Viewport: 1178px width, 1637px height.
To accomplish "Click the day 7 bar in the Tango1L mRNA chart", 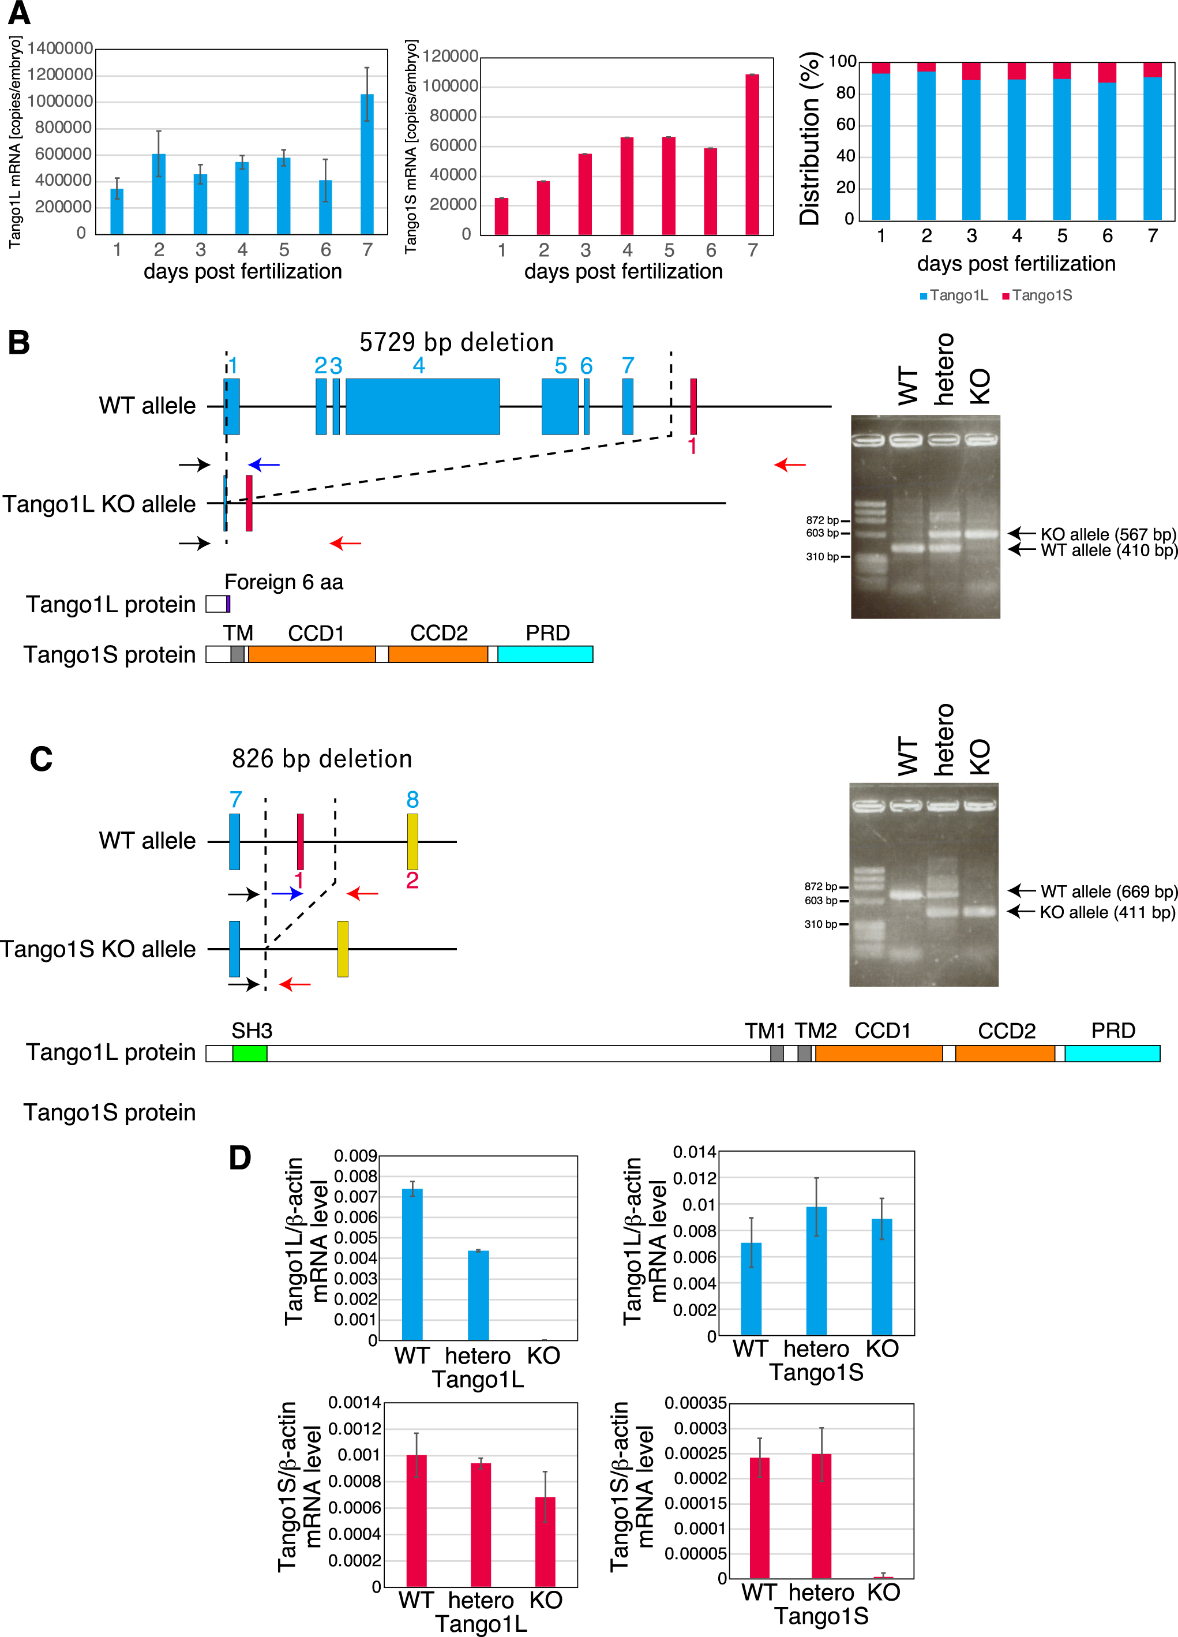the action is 367,164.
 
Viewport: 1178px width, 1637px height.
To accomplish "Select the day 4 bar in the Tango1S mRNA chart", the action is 627,186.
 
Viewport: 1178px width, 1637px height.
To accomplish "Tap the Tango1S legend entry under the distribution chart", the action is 1037,295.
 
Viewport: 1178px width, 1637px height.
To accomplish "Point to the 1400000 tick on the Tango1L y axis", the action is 61,48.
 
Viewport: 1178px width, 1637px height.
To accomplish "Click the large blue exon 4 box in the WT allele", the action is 422,406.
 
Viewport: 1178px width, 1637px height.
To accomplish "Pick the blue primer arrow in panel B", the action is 264,465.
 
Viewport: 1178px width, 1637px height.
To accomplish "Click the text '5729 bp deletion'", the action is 457,342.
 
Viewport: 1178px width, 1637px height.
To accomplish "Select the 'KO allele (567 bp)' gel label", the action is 1109,534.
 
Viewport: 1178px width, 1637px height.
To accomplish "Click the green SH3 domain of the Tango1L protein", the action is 250,1053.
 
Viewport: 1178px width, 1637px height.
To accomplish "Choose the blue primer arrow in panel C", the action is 287,894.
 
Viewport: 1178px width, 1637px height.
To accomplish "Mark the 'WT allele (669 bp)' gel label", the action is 1109,891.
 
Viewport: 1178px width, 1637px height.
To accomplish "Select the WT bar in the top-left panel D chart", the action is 412,1265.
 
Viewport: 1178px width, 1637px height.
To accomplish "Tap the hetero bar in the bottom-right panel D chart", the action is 821,1516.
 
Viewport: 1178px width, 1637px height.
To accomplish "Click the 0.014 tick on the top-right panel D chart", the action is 695,1152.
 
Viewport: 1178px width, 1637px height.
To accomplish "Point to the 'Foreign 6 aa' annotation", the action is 284,582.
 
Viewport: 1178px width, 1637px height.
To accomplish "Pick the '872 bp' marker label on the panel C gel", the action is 821,886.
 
